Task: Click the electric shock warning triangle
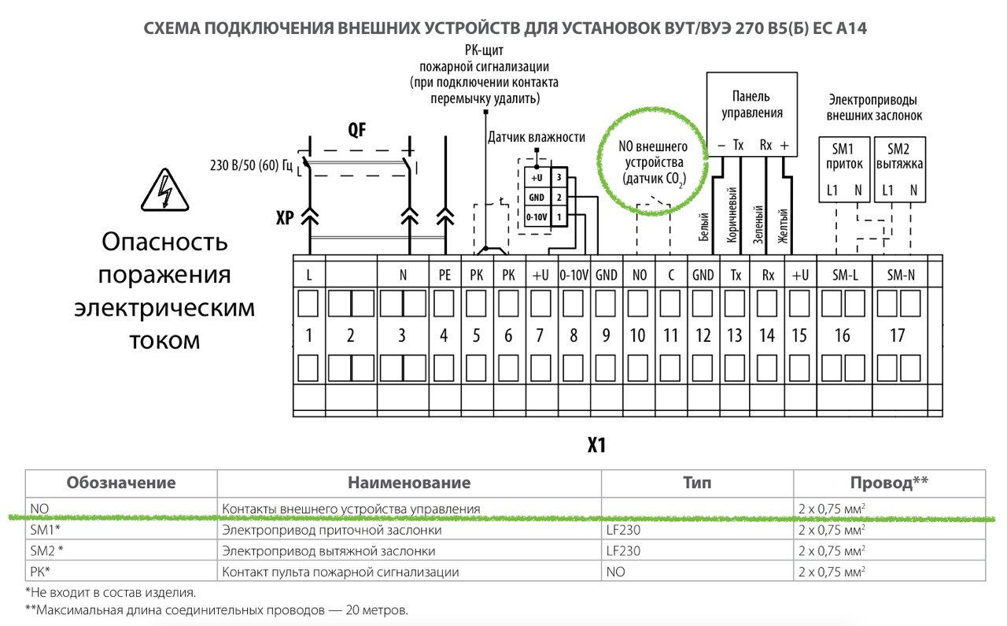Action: [x=165, y=190]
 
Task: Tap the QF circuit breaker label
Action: [x=357, y=130]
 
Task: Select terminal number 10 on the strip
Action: [x=637, y=335]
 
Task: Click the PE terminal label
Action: [x=444, y=275]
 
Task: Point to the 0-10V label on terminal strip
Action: [x=574, y=275]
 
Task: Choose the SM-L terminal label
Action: [x=845, y=275]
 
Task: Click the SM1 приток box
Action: [x=844, y=169]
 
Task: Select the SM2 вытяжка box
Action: [x=899, y=169]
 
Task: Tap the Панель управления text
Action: [x=751, y=105]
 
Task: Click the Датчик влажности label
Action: [x=537, y=137]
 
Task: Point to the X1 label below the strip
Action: [x=596, y=445]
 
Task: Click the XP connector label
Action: [x=285, y=218]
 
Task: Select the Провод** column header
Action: [x=889, y=483]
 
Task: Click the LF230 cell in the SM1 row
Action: [x=623, y=530]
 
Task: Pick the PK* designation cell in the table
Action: [x=40, y=572]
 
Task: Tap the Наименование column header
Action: [x=409, y=483]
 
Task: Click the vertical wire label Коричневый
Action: [x=732, y=214]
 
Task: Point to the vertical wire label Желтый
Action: [x=783, y=225]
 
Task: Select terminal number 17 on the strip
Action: [x=898, y=335]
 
